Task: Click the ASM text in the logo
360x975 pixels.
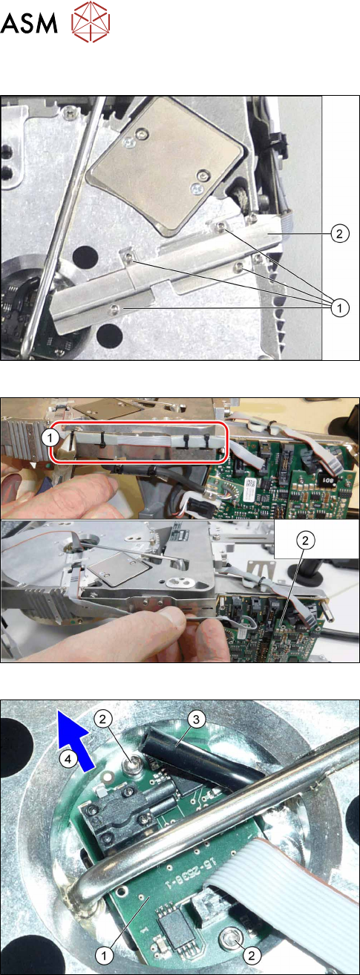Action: pyautogui.click(x=29, y=23)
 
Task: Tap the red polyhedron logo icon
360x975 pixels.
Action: pyautogui.click(x=91, y=22)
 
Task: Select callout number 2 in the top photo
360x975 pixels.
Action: pyautogui.click(x=339, y=234)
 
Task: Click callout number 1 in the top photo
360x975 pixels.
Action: pyautogui.click(x=339, y=307)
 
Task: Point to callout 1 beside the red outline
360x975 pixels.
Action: pyautogui.click(x=51, y=438)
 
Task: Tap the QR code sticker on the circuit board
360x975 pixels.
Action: pyautogui.click(x=251, y=483)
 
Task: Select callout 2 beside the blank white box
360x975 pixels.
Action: pyautogui.click(x=305, y=541)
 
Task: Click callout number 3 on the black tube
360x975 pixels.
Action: pyautogui.click(x=196, y=720)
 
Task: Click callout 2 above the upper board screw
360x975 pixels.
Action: pyautogui.click(x=102, y=720)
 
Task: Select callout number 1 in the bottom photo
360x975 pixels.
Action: pyautogui.click(x=104, y=956)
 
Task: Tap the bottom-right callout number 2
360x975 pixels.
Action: pyautogui.click(x=251, y=956)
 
